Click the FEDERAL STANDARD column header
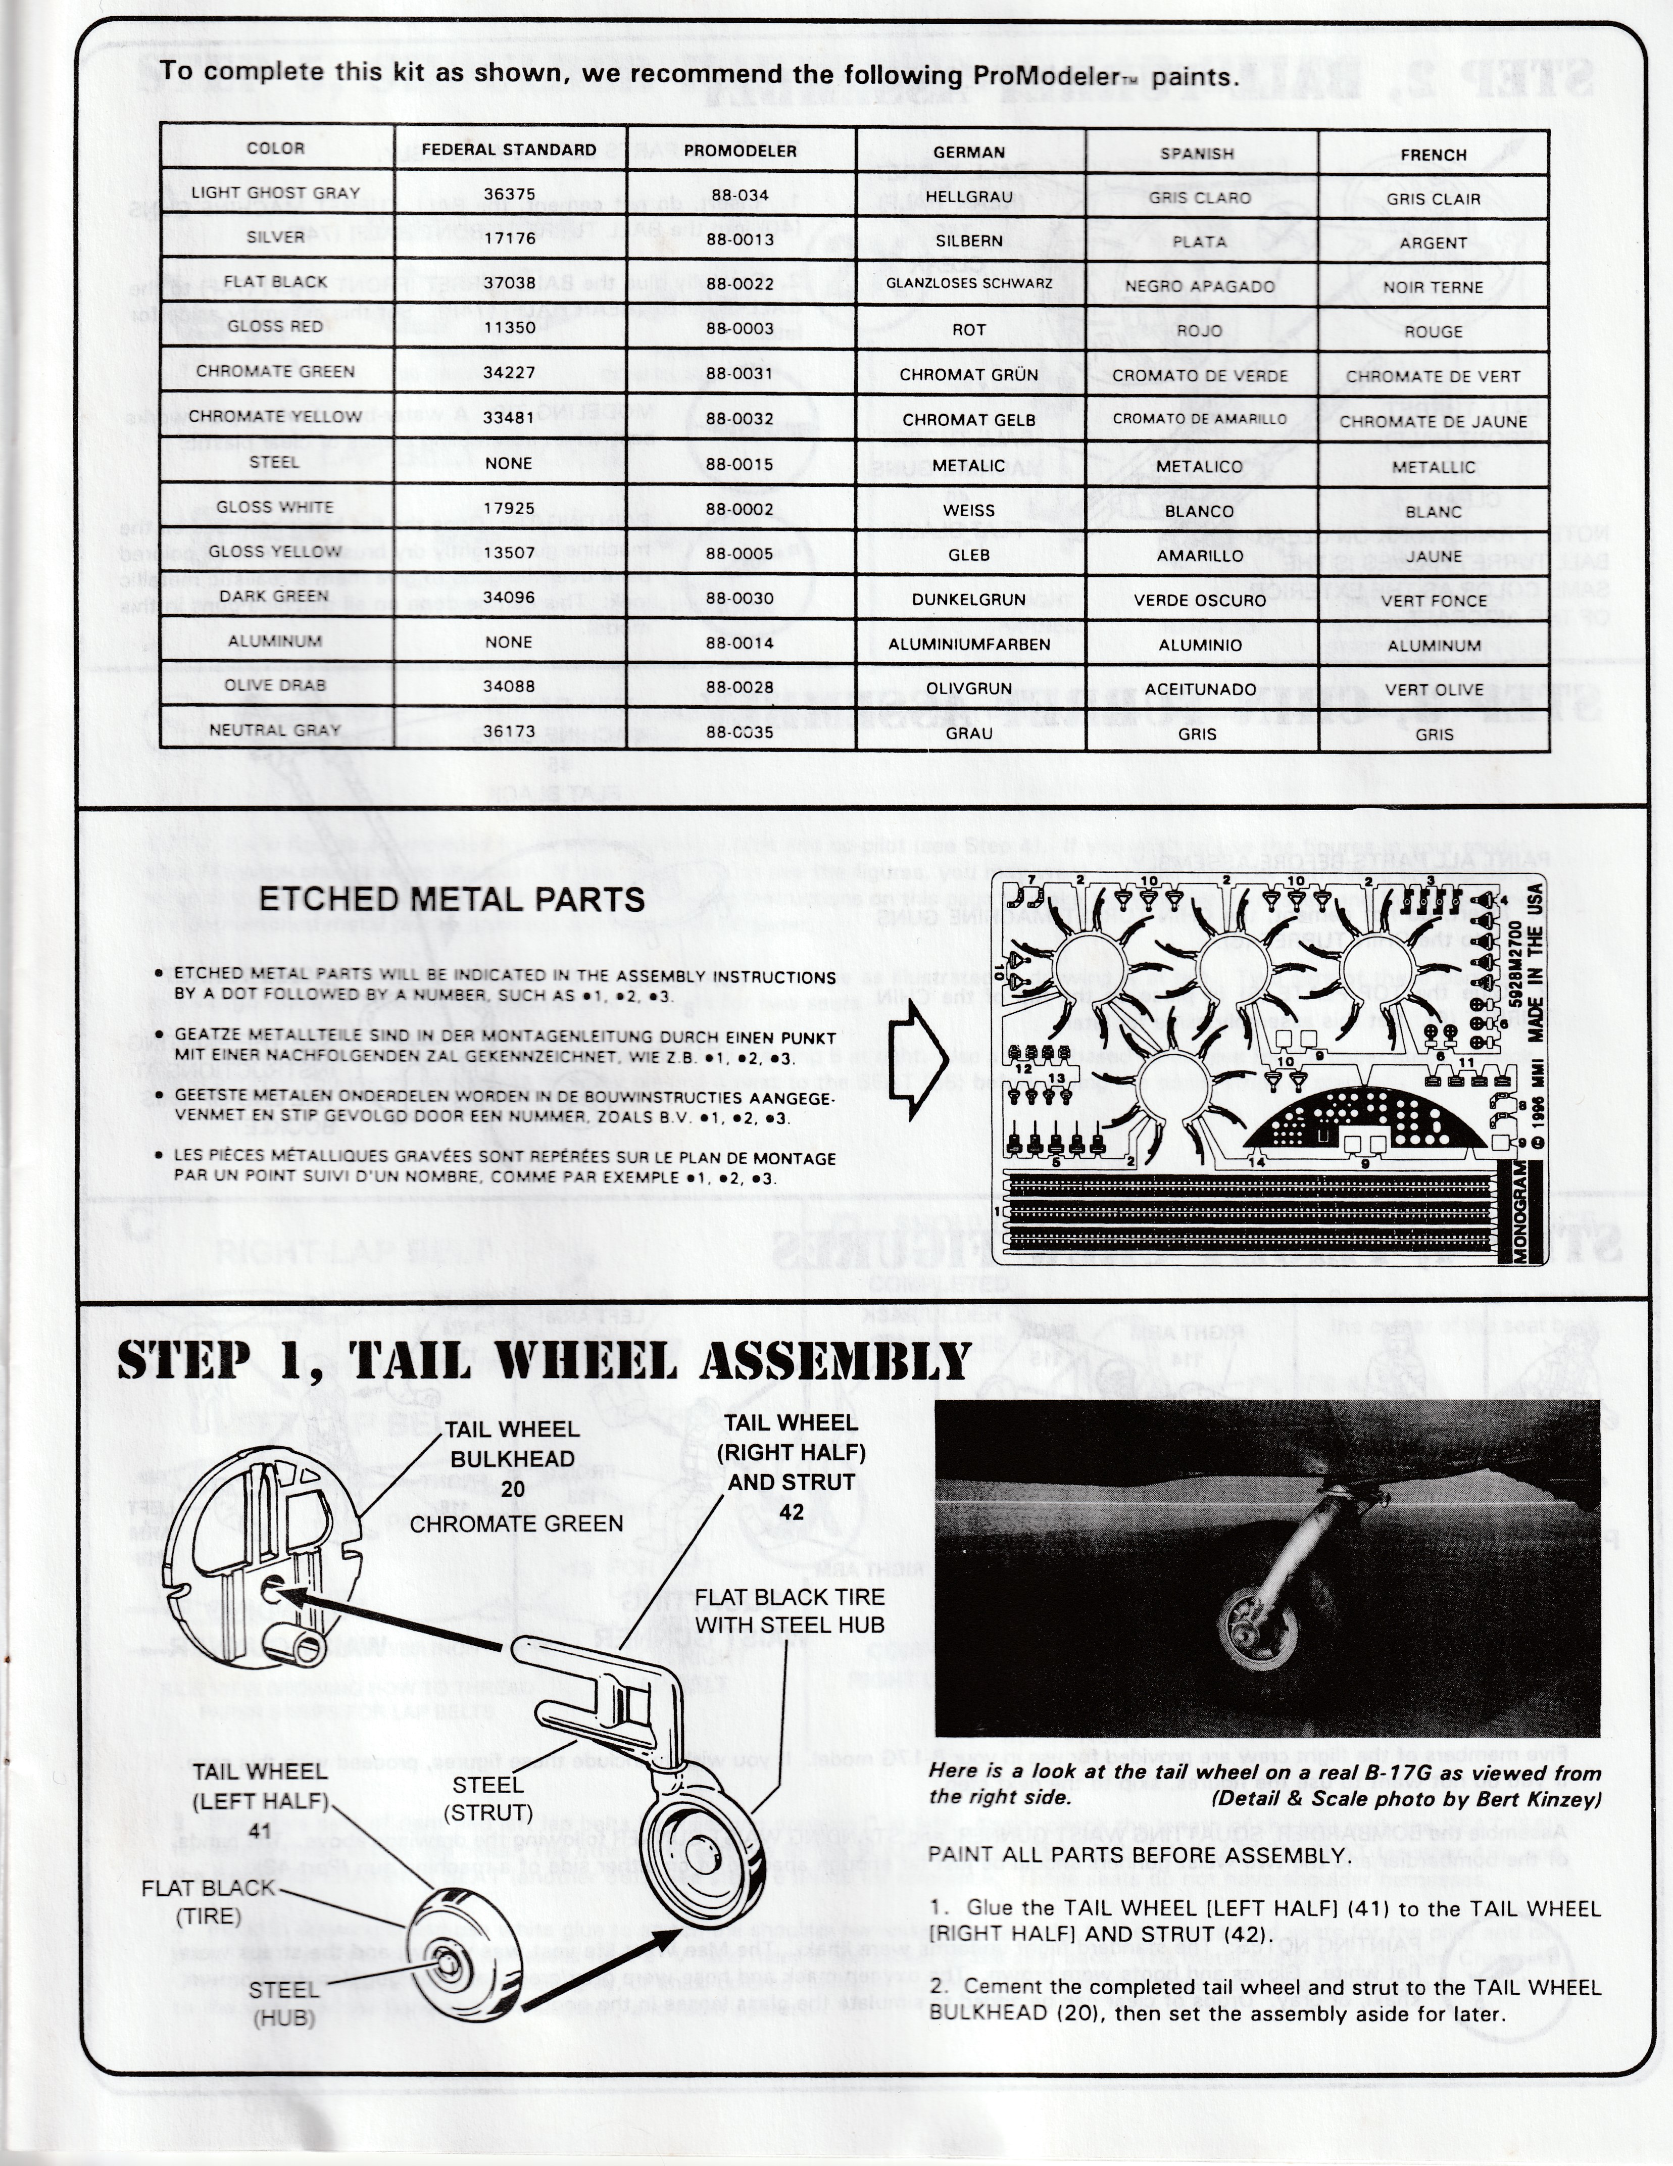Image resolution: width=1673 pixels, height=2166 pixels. coord(509,150)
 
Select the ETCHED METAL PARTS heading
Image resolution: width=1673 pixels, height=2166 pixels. coord(451,900)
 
